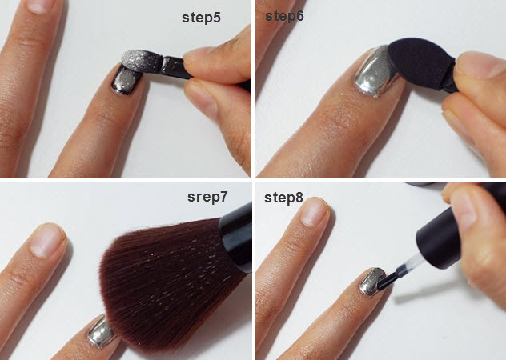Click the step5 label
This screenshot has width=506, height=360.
201,18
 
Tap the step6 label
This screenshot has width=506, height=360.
284,16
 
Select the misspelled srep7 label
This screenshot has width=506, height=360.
207,197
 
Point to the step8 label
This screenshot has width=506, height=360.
283,198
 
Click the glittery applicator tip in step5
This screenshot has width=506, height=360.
142,62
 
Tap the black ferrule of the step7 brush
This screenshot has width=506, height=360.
236,237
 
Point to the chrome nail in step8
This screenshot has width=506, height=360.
372,282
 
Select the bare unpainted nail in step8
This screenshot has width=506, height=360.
314,212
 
